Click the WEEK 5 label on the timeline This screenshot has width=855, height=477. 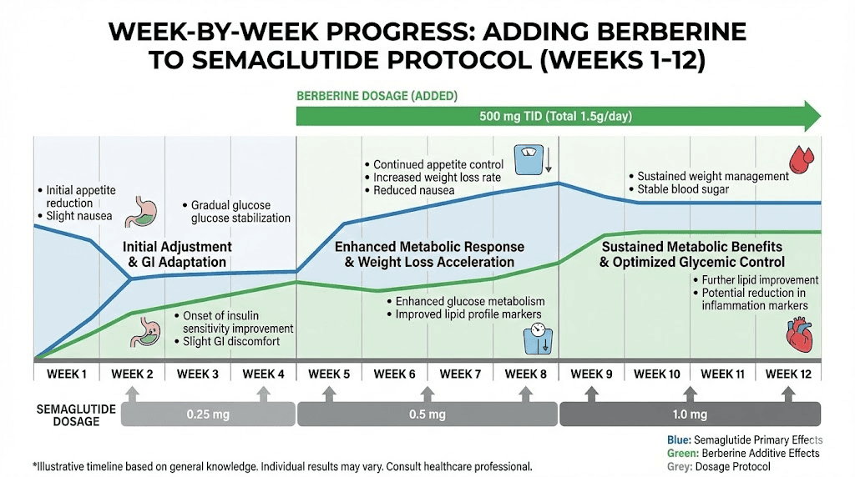point(329,374)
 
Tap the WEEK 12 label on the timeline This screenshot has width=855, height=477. point(788,374)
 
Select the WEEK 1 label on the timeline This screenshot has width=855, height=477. point(67,374)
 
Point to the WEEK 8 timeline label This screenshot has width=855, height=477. point(526,374)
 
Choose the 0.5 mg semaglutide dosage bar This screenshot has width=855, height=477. point(427,414)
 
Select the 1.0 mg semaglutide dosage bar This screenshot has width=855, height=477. point(690,414)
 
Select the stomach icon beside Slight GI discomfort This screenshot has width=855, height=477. point(144,331)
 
